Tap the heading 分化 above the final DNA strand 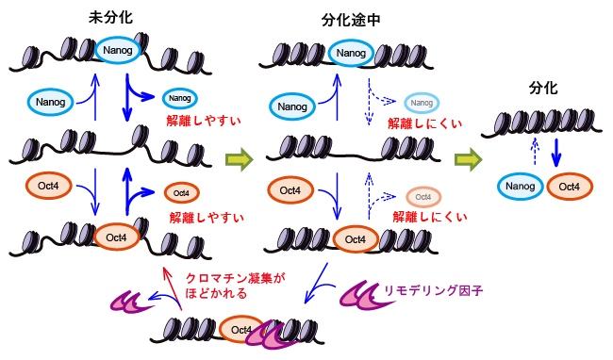543,88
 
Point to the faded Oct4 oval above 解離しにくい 423,197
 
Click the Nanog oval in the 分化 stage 520,187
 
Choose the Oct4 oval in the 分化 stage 570,187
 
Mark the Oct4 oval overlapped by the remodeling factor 240,329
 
